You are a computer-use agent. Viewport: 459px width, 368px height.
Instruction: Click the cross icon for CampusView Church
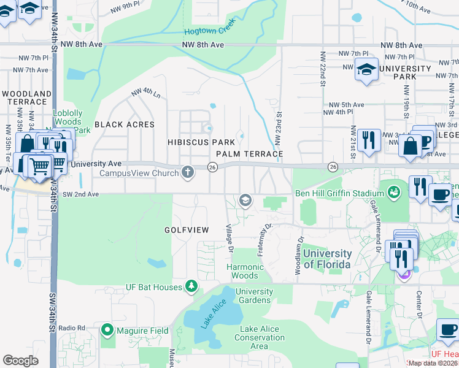point(188,173)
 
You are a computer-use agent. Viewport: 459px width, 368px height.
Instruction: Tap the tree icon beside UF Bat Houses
point(191,286)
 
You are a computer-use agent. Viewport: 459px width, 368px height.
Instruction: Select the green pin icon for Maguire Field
point(108,331)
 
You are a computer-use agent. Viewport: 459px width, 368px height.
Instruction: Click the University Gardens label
point(254,296)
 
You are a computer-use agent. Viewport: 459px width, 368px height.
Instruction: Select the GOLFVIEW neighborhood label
point(187,229)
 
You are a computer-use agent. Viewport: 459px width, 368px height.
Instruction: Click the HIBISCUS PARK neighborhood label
point(202,142)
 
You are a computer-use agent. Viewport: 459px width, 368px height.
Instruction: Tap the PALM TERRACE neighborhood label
point(249,154)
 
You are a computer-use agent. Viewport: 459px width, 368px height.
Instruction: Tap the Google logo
point(20,360)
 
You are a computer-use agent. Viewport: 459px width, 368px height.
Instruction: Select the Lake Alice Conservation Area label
point(260,337)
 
